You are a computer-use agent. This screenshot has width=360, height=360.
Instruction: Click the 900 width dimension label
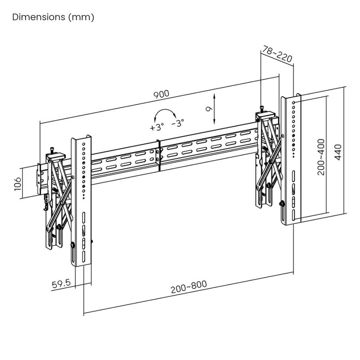tap(162, 95)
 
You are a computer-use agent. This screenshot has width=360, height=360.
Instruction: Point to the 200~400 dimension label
tap(320, 156)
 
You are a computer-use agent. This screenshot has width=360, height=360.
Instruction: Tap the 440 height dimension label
tap(339, 152)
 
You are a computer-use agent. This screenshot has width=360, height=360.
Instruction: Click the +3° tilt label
tap(157, 128)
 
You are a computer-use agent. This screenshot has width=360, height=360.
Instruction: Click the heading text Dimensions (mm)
tap(53, 17)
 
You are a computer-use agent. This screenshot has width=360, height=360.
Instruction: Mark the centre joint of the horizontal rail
tap(159, 155)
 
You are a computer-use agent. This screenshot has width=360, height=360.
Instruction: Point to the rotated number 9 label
tap(207, 110)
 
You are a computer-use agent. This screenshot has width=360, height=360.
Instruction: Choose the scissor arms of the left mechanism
tap(60, 196)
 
